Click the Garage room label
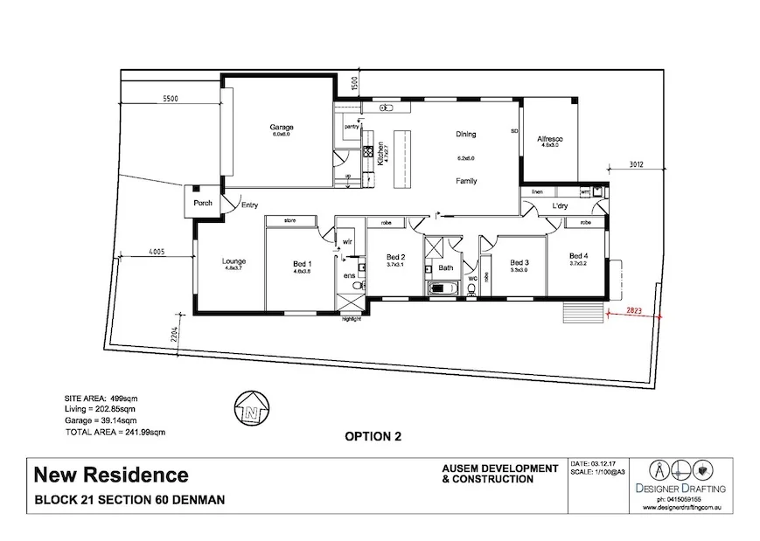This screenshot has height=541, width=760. (281, 127)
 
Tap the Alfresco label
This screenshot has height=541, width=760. (549, 139)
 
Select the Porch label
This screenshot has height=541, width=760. (203, 203)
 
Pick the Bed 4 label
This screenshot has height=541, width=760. (579, 255)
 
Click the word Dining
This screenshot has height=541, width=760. (465, 135)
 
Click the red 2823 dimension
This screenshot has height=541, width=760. (639, 310)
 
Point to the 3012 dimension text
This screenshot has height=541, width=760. (636, 163)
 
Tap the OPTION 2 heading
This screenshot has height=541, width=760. (373, 437)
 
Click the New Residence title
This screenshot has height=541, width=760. (111, 475)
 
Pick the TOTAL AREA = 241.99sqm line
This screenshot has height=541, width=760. (115, 432)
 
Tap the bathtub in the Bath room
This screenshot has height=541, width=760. (440, 288)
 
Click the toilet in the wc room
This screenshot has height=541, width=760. (472, 288)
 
